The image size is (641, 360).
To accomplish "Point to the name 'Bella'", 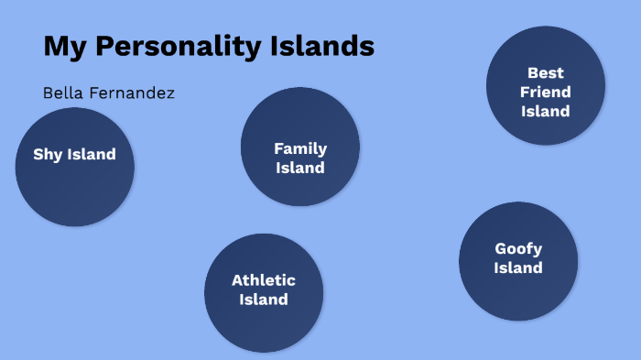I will tap(62, 93).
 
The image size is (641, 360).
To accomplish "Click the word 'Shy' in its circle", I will tap(47, 154).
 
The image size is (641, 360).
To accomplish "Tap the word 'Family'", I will tap(300, 148).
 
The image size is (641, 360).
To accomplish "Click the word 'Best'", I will tap(546, 72).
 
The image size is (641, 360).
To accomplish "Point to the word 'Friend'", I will tap(546, 92).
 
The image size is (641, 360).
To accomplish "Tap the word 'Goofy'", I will tap(518, 248).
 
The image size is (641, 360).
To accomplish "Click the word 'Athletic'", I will tap(264, 280).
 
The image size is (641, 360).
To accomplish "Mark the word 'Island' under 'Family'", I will tap(300, 168).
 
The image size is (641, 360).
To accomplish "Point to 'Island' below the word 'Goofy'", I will tap(518, 267).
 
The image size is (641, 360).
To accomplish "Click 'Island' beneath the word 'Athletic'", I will tap(264, 300).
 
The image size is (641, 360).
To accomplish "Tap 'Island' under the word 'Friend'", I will tap(546, 111).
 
